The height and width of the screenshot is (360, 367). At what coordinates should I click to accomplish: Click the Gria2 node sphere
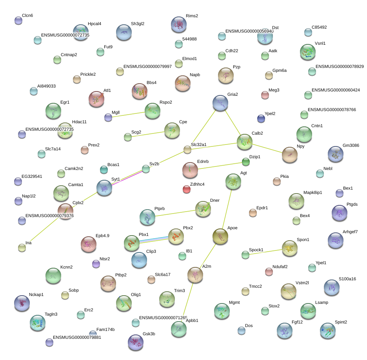tap(220, 103)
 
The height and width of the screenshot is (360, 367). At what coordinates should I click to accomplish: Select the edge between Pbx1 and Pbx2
tap(153, 240)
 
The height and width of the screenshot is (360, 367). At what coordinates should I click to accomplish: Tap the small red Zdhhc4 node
tap(187, 190)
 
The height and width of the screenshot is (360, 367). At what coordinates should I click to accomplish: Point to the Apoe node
tap(220, 236)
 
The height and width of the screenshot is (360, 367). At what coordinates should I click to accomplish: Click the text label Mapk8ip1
tap(312, 192)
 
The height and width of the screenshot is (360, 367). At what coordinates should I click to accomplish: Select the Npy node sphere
tap(289, 155)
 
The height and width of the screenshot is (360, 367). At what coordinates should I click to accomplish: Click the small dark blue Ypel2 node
tap(261, 118)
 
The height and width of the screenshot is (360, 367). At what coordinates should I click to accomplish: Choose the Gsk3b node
tap(136, 342)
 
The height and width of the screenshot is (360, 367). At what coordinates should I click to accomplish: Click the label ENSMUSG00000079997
tap(147, 66)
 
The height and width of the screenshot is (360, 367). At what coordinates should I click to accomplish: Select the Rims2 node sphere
tap(179, 24)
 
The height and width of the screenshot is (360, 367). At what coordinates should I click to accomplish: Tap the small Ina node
tap(22, 248)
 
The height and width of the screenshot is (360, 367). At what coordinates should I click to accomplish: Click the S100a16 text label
tap(347, 279)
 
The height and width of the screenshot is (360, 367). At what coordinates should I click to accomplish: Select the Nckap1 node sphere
tap(22, 303)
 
